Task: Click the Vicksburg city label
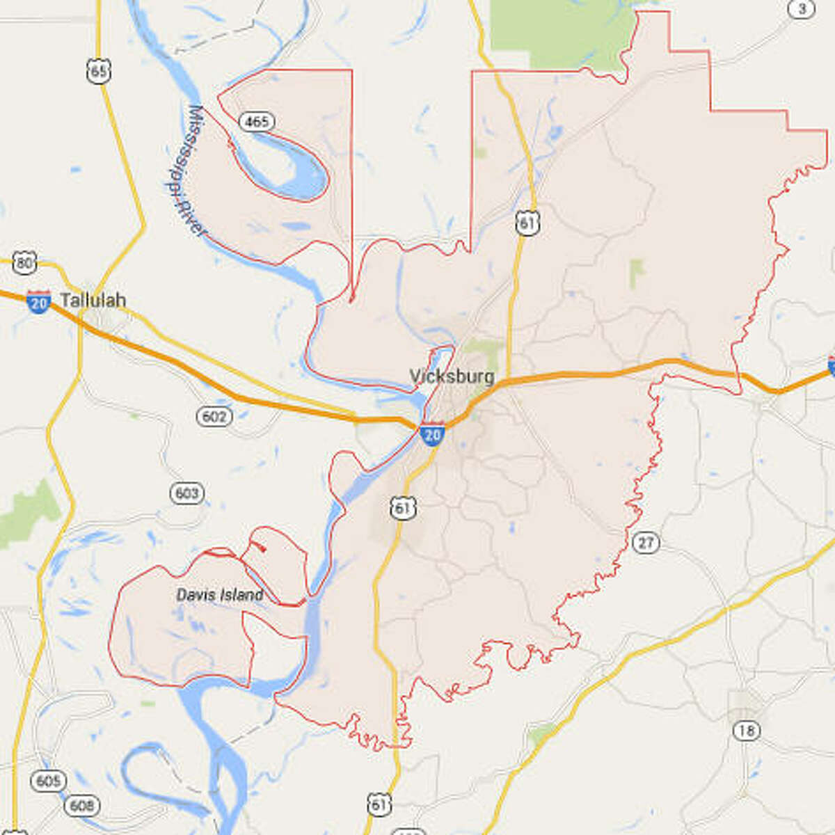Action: click(452, 376)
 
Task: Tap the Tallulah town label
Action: click(93, 300)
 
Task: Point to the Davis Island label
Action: click(220, 595)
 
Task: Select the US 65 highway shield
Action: click(99, 71)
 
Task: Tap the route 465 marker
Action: click(256, 122)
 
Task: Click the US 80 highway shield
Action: click(24, 262)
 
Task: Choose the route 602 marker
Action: click(214, 416)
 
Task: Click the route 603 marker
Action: click(186, 493)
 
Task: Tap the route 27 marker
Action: click(646, 542)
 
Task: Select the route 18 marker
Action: click(746, 731)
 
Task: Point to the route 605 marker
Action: click(48, 781)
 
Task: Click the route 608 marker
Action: click(81, 805)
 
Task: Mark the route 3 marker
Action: click(802, 9)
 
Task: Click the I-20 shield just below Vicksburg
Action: click(432, 434)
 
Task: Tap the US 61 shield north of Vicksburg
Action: click(528, 223)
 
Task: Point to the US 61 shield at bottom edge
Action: click(379, 805)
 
